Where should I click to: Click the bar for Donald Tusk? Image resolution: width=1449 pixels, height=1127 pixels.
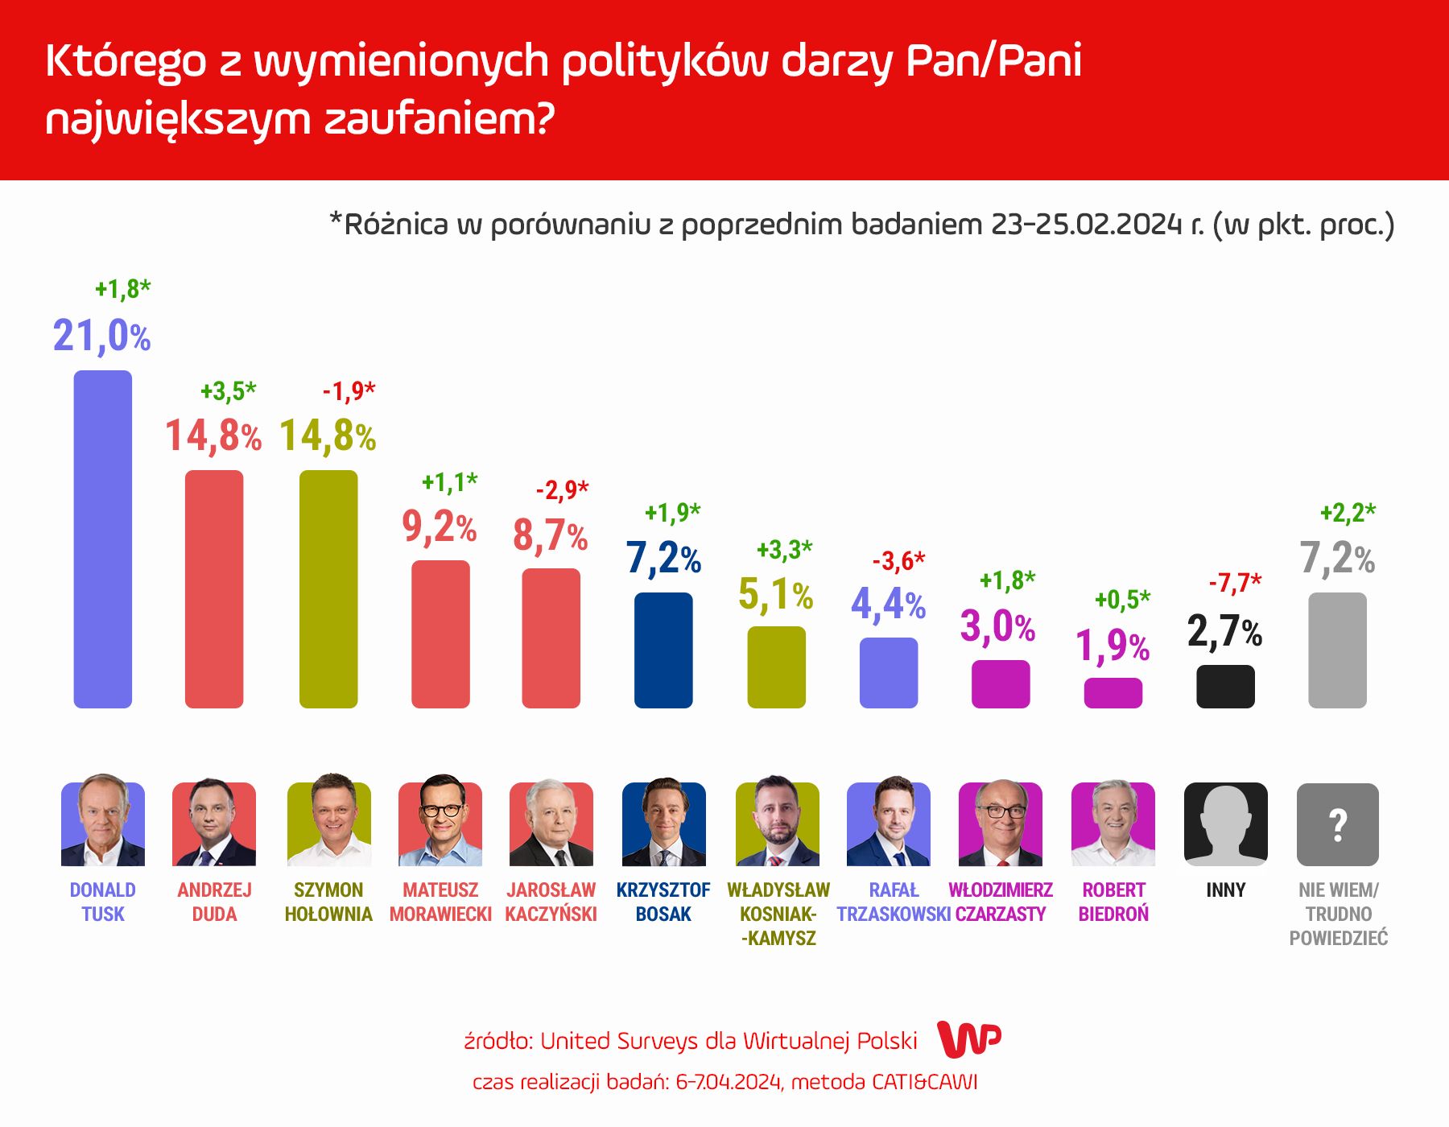pos(102,539)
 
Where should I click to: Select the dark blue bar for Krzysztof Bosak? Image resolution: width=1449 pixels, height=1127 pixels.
pos(663,650)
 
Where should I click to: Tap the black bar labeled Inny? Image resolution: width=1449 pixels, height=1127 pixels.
pos(1225,687)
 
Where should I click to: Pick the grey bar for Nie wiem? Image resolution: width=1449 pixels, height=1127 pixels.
pos(1337,650)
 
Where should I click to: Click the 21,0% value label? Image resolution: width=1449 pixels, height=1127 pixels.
pos(101,336)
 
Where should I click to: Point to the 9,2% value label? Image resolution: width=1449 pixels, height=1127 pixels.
pos(439,527)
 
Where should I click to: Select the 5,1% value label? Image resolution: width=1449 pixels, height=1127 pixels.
pos(775,595)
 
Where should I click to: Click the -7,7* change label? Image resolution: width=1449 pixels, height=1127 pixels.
pos(1235,582)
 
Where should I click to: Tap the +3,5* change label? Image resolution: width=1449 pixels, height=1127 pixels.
pos(228,391)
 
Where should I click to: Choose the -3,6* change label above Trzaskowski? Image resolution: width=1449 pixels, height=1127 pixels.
pos(898,560)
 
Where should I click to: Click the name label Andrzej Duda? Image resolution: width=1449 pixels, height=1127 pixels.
pos(214,902)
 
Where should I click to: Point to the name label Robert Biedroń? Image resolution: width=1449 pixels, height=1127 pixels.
pos(1113,902)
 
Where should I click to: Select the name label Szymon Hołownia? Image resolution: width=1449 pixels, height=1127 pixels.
pos(328,902)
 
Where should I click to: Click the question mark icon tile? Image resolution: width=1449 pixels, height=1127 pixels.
pos(1337,824)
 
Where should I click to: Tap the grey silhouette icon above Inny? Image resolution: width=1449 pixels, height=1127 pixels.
pos(1225,824)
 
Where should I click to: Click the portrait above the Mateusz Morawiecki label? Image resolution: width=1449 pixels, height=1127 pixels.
pos(440,823)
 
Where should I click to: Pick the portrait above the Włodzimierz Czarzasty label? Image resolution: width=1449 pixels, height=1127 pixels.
pos(1000,823)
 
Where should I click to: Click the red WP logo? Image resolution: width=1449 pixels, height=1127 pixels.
pos(969,1039)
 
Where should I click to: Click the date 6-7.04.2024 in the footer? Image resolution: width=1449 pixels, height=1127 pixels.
pos(729,1082)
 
